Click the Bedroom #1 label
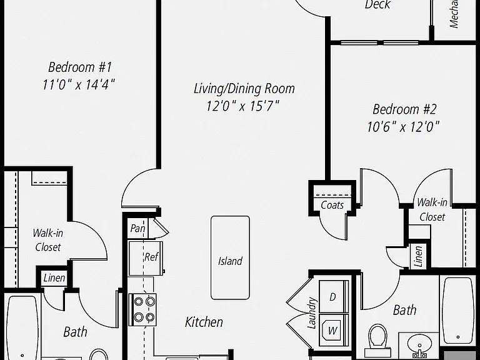point(80,67)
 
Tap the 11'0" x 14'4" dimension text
point(79,84)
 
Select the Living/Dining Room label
point(244,89)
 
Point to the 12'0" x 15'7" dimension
point(242,106)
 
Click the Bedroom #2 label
point(404,109)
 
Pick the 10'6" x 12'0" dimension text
point(403,126)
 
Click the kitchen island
point(230,257)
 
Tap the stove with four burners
point(142,309)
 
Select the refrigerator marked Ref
point(146,258)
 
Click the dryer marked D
point(334,296)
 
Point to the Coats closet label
point(332,205)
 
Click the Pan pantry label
point(137,228)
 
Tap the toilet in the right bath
point(377,336)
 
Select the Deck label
point(377,4)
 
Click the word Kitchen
point(204,322)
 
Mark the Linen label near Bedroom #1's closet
point(54,278)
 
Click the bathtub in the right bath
point(457,309)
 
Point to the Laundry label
point(312,313)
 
